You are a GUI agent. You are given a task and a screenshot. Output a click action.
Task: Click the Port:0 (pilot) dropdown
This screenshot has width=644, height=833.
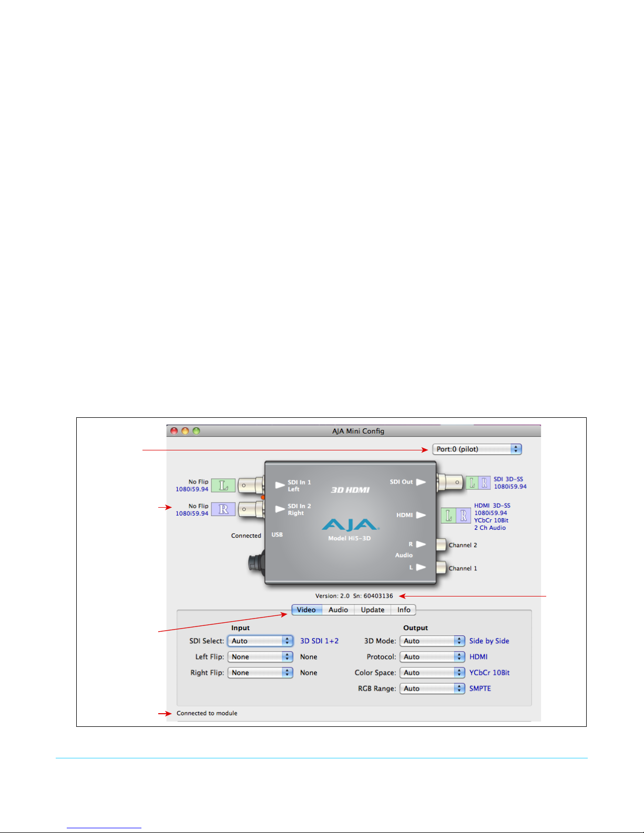pos(477,449)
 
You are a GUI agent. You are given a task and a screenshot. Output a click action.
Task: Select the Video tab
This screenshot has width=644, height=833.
pos(306,610)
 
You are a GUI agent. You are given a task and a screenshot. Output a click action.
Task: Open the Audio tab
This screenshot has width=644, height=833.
pos(338,610)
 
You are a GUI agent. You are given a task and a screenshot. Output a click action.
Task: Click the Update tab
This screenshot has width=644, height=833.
pos(372,610)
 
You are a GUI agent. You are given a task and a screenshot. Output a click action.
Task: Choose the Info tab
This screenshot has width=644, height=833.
pos(404,610)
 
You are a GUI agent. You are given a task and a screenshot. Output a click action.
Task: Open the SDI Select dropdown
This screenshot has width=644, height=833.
pos(260,641)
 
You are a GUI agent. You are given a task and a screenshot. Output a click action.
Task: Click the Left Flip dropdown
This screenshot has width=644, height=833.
pos(260,657)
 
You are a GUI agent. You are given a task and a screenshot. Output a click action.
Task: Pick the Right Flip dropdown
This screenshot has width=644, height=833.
pos(260,673)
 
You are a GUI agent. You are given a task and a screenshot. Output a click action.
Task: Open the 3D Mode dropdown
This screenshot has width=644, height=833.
pos(432,641)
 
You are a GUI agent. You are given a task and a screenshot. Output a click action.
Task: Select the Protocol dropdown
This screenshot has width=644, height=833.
pos(432,657)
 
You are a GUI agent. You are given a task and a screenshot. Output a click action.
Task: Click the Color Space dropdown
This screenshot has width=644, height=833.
pos(432,673)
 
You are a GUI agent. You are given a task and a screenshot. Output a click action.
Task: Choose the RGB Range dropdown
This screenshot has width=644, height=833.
pos(432,688)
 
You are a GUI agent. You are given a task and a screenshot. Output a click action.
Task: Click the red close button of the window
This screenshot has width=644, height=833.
pos(174,431)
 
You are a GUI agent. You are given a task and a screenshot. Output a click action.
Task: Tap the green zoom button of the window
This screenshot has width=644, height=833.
pos(196,431)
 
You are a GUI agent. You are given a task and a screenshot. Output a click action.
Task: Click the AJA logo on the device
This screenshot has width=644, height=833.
pos(350,525)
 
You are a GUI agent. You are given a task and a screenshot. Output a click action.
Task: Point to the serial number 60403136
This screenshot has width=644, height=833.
pos(378,596)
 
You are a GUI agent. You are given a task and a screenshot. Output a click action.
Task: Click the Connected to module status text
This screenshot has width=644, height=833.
pos(207,713)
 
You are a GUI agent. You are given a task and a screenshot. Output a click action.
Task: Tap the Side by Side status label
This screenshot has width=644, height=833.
pos(489,641)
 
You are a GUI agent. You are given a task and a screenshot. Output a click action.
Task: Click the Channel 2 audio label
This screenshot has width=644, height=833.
pos(463,545)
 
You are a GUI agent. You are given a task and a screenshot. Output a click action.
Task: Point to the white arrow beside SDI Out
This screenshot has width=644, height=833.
pos(421,482)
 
